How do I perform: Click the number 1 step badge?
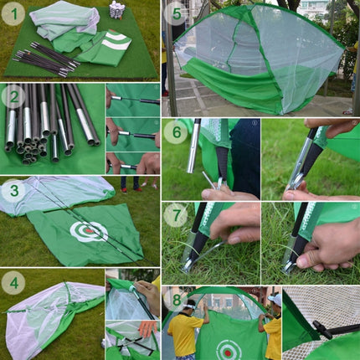[13, 13]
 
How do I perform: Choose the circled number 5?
[175, 13]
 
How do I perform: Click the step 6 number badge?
[175, 131]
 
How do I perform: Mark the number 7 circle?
[175, 215]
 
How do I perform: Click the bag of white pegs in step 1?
[117, 11]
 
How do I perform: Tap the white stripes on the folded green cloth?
[114, 41]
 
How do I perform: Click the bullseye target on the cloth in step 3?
[88, 231]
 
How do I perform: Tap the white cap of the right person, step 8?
[274, 298]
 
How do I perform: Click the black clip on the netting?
[322, 330]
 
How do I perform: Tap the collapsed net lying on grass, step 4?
[50, 318]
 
